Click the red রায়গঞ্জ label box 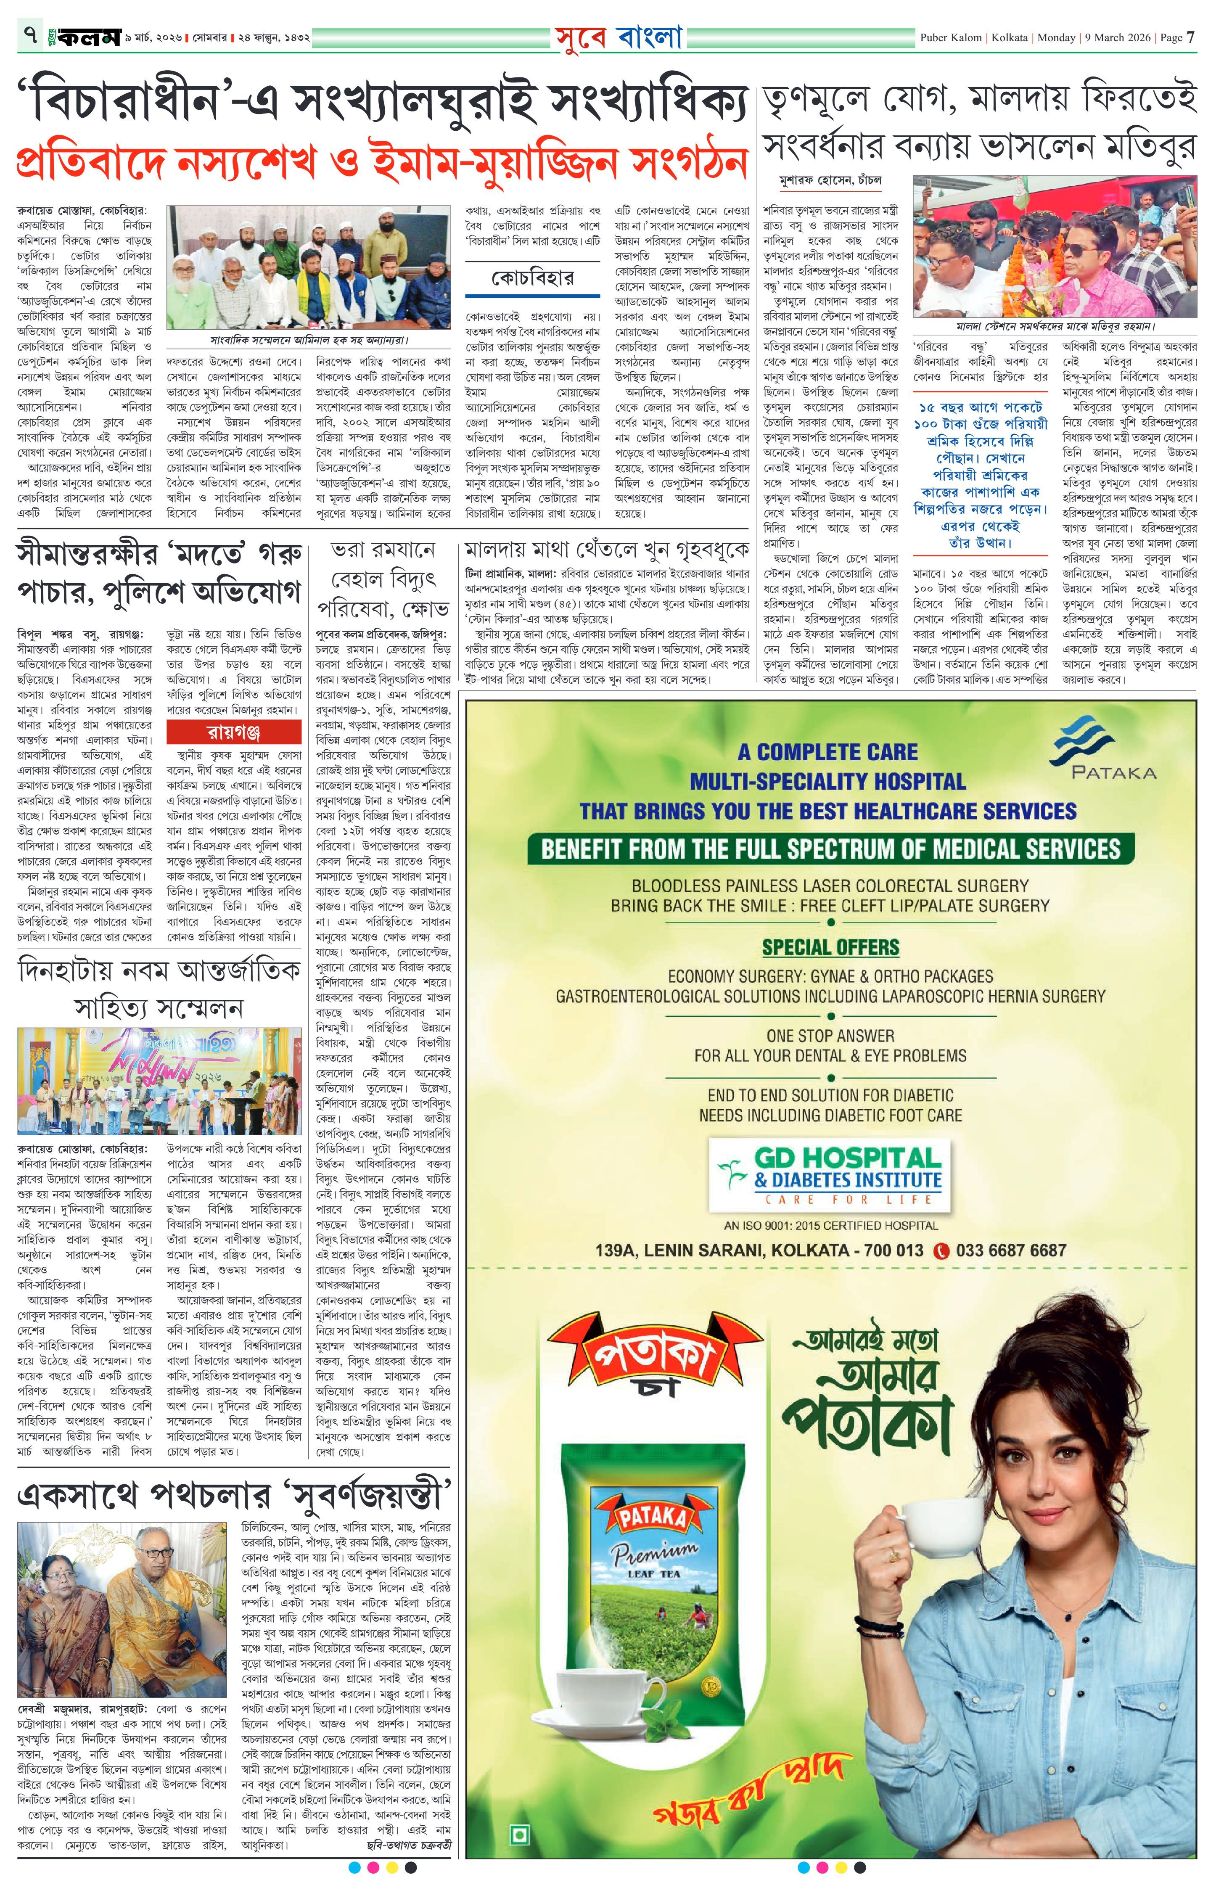click(234, 732)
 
